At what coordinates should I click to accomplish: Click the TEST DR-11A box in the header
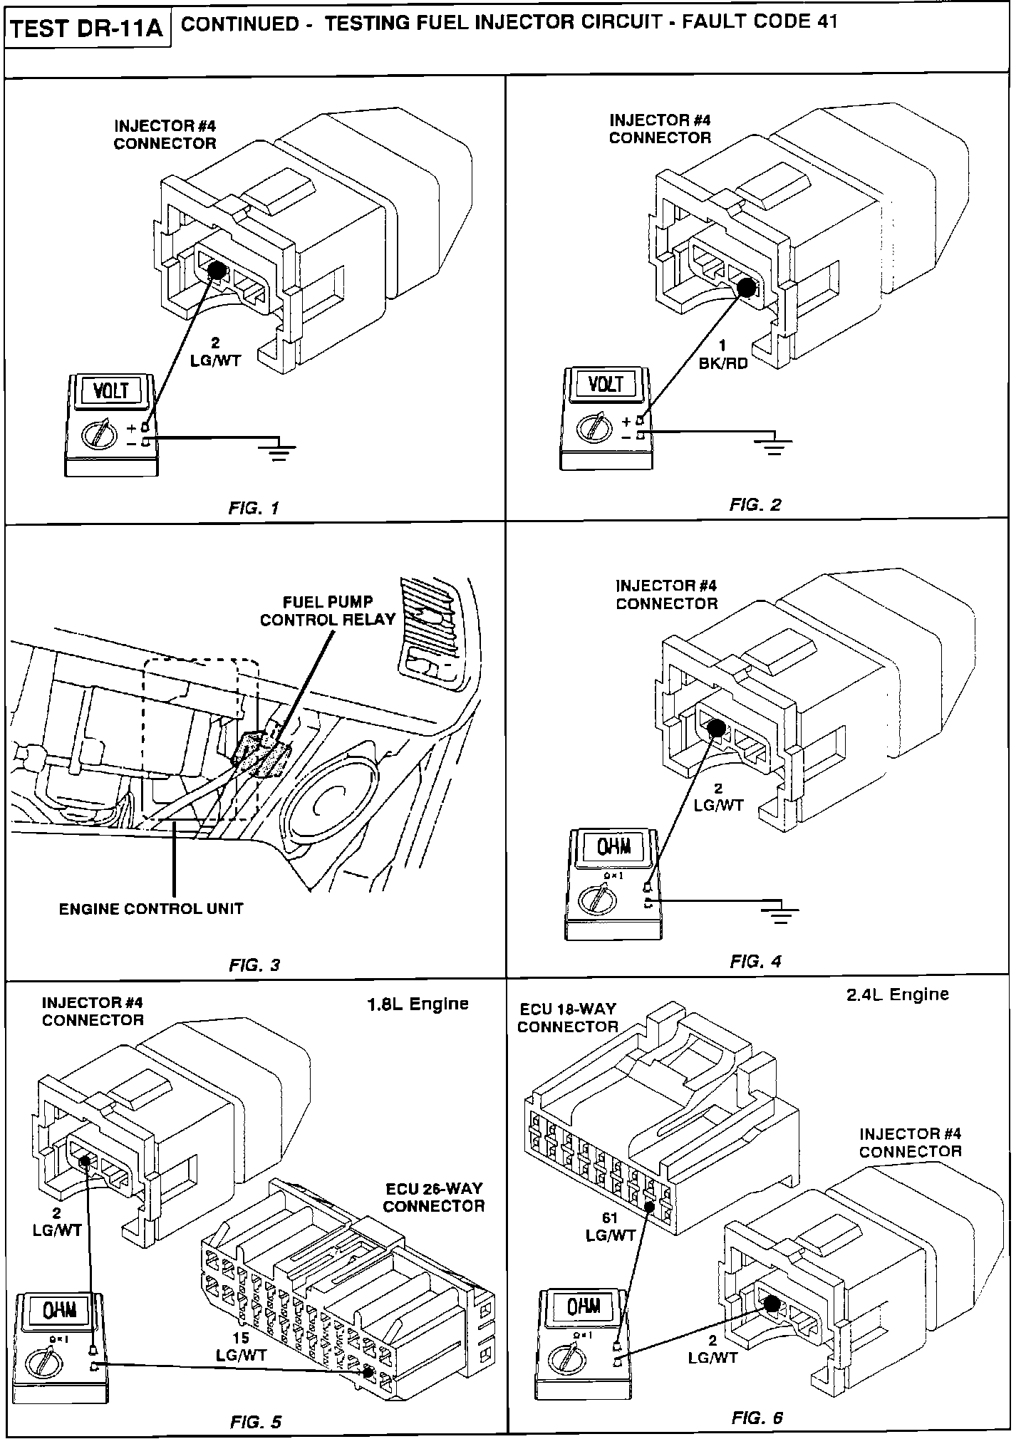88,28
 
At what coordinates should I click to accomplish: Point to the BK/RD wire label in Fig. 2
723,363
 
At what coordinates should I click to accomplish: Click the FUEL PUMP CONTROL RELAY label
327,611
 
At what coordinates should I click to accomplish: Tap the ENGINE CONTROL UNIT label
151,909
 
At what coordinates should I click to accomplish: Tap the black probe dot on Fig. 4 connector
716,727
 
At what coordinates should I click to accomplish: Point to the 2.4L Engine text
898,994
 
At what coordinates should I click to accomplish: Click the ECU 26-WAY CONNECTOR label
434,1197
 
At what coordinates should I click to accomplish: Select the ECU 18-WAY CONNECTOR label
567,1017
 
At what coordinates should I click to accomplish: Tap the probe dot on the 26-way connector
368,1371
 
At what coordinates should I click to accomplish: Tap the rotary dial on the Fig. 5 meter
38,1363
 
